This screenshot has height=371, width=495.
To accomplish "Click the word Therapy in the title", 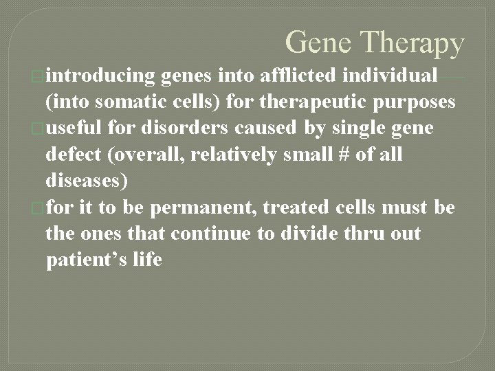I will [416, 44].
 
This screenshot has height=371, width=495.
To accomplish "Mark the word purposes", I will [412, 102].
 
